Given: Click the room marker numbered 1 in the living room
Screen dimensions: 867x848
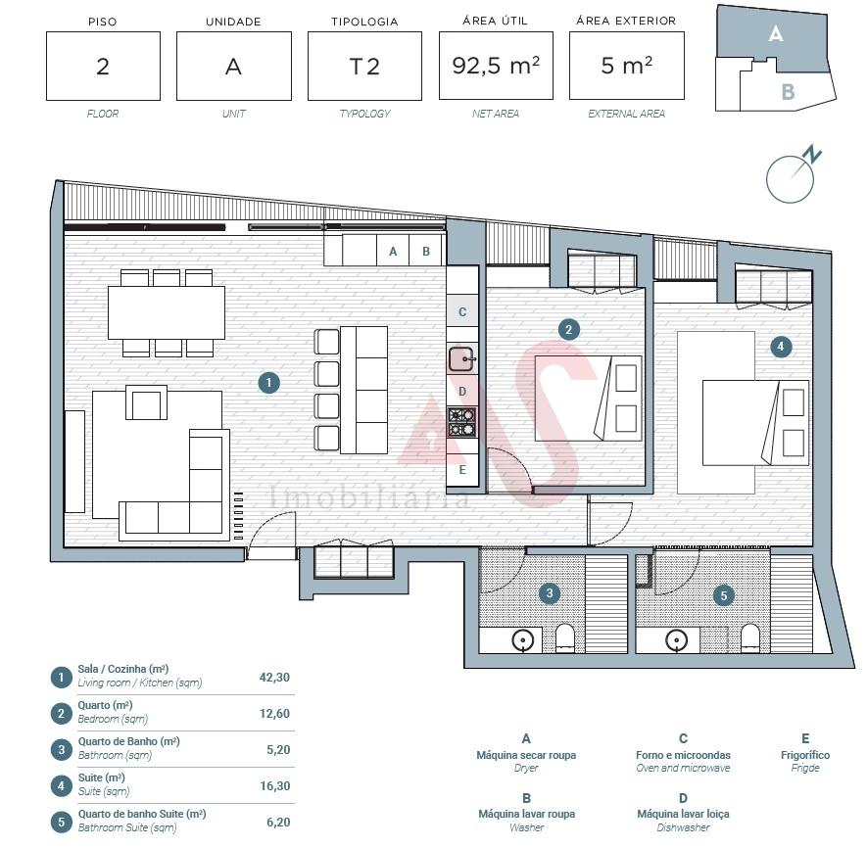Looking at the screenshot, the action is tap(268, 383).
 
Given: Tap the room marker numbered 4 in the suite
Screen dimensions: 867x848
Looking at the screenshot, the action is tap(780, 347).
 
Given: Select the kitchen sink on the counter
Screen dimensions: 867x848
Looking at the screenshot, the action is tap(461, 358).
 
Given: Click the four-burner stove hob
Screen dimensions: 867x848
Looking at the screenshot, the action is tap(461, 422).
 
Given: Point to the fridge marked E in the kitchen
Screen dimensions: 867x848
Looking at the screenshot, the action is tap(462, 469).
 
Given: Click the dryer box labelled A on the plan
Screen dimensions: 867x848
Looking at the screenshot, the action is tap(393, 251).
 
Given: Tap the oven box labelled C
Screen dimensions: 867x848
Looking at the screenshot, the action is tap(462, 311).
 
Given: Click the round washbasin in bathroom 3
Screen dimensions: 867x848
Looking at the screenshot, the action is tap(522, 640).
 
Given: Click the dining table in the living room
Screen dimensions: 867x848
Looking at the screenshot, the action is tap(167, 312).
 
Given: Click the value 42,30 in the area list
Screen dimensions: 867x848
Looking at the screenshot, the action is tap(274, 678).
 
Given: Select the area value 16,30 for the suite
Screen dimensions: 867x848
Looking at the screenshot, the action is tap(275, 785).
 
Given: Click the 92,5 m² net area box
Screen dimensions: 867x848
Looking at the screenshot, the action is tap(496, 66).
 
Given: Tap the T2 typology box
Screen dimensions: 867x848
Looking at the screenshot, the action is tap(365, 66).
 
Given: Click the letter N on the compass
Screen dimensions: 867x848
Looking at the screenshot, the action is tap(812, 154).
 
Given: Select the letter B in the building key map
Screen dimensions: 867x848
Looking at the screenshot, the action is tap(788, 92).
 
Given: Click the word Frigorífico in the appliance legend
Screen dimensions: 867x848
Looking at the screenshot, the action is tap(805, 755).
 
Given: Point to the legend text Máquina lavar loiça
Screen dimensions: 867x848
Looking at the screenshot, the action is tap(683, 814).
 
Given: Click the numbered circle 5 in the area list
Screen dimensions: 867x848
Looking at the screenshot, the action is tap(62, 822).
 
